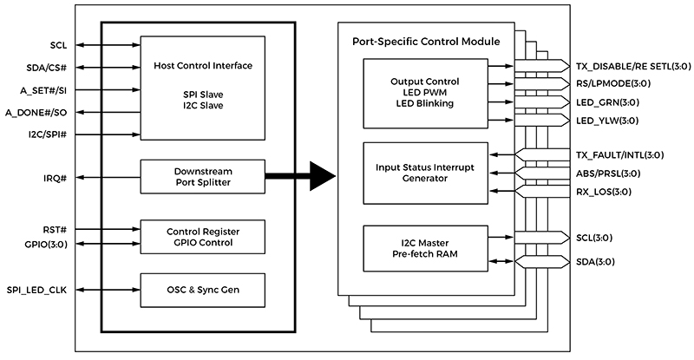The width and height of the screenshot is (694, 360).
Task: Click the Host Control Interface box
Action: tap(202, 87)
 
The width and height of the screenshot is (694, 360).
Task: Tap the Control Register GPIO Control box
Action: tap(202, 236)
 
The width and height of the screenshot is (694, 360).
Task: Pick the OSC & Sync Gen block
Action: tap(202, 289)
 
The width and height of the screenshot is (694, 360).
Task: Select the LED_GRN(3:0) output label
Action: tap(609, 102)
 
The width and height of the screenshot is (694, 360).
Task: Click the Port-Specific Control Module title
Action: tap(426, 42)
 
